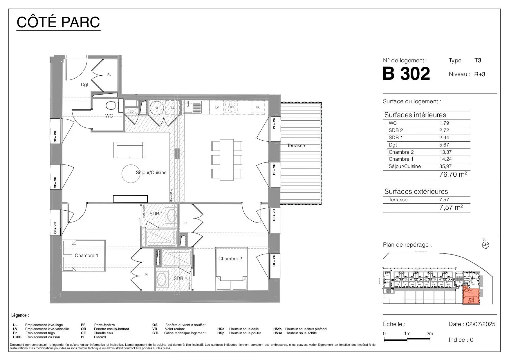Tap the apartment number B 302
(x=406, y=74)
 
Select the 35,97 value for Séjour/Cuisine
(x=445, y=167)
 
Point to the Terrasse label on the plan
(x=296, y=146)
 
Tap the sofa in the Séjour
(x=130, y=150)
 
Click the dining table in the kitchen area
(x=227, y=159)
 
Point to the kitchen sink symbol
(x=192, y=107)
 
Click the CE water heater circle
(x=157, y=108)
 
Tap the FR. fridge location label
(x=257, y=107)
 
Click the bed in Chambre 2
(x=232, y=269)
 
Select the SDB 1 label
(x=156, y=214)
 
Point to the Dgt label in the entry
(x=84, y=85)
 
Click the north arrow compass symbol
(x=485, y=245)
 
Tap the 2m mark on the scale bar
(x=429, y=334)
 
